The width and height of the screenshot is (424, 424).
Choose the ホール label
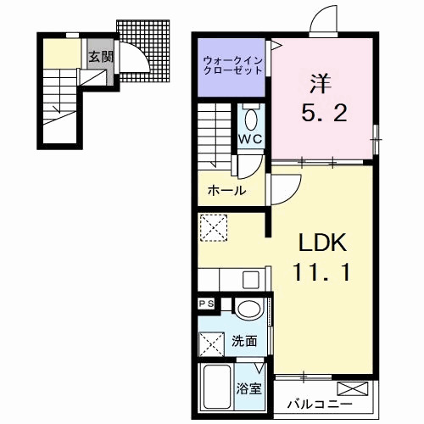point(226,190)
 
